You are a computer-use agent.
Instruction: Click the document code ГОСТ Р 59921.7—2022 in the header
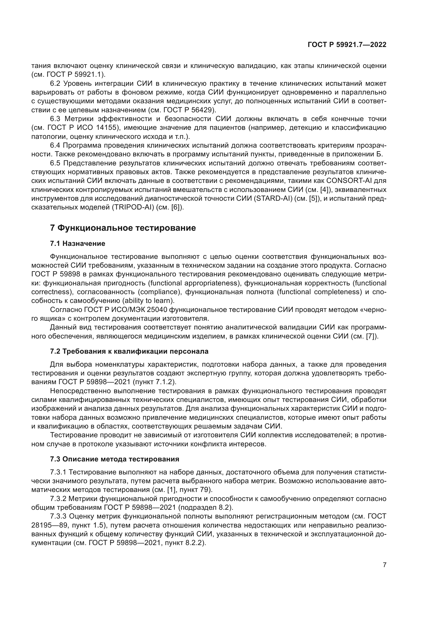[347, 45]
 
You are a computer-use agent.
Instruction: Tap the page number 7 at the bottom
[384, 565]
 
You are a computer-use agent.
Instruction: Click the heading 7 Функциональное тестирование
[123, 228]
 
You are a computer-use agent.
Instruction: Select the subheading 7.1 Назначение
[78, 243]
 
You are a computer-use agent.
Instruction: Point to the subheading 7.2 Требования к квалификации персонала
[129, 351]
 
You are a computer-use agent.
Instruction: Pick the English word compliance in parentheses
[160, 292]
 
